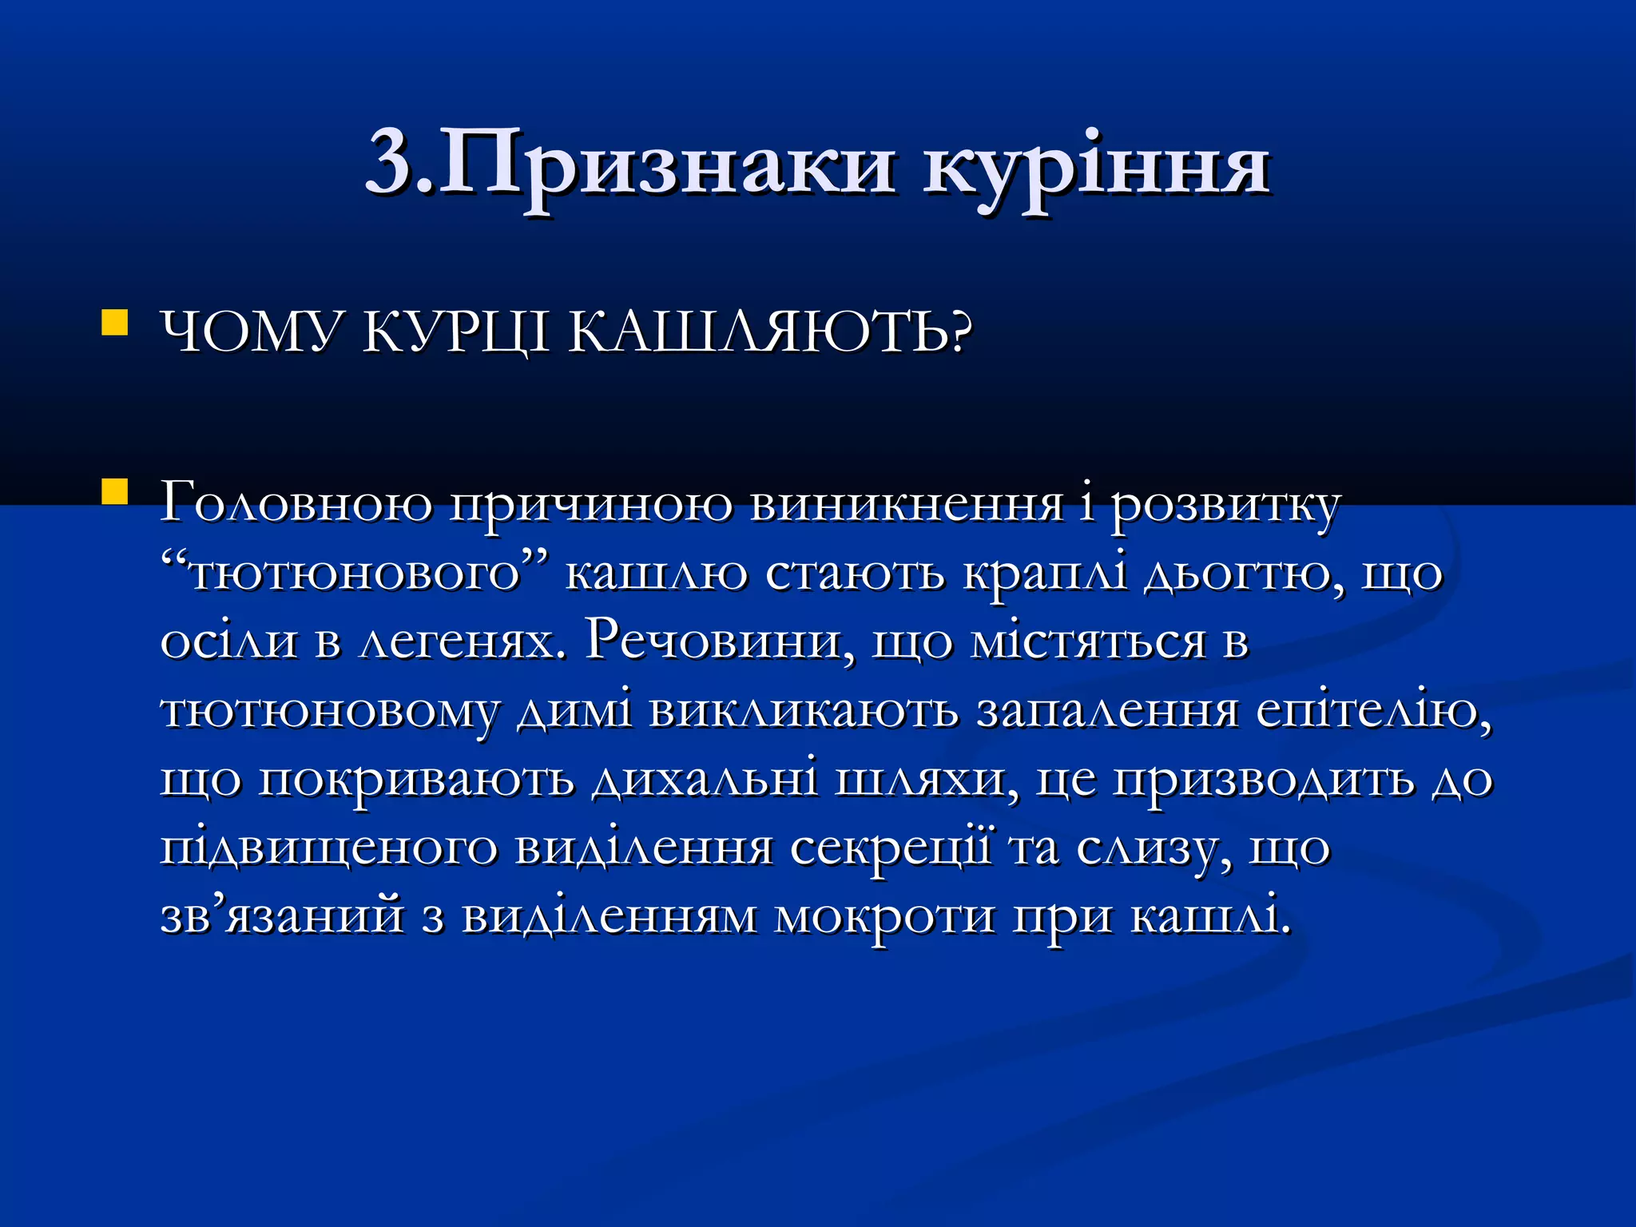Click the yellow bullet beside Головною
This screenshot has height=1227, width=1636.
pos(115,492)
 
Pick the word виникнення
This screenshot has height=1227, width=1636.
pos(907,503)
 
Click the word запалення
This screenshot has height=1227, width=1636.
pos(1107,709)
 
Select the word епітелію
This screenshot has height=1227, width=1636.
pos(1373,709)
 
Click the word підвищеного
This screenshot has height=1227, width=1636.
pos(328,848)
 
